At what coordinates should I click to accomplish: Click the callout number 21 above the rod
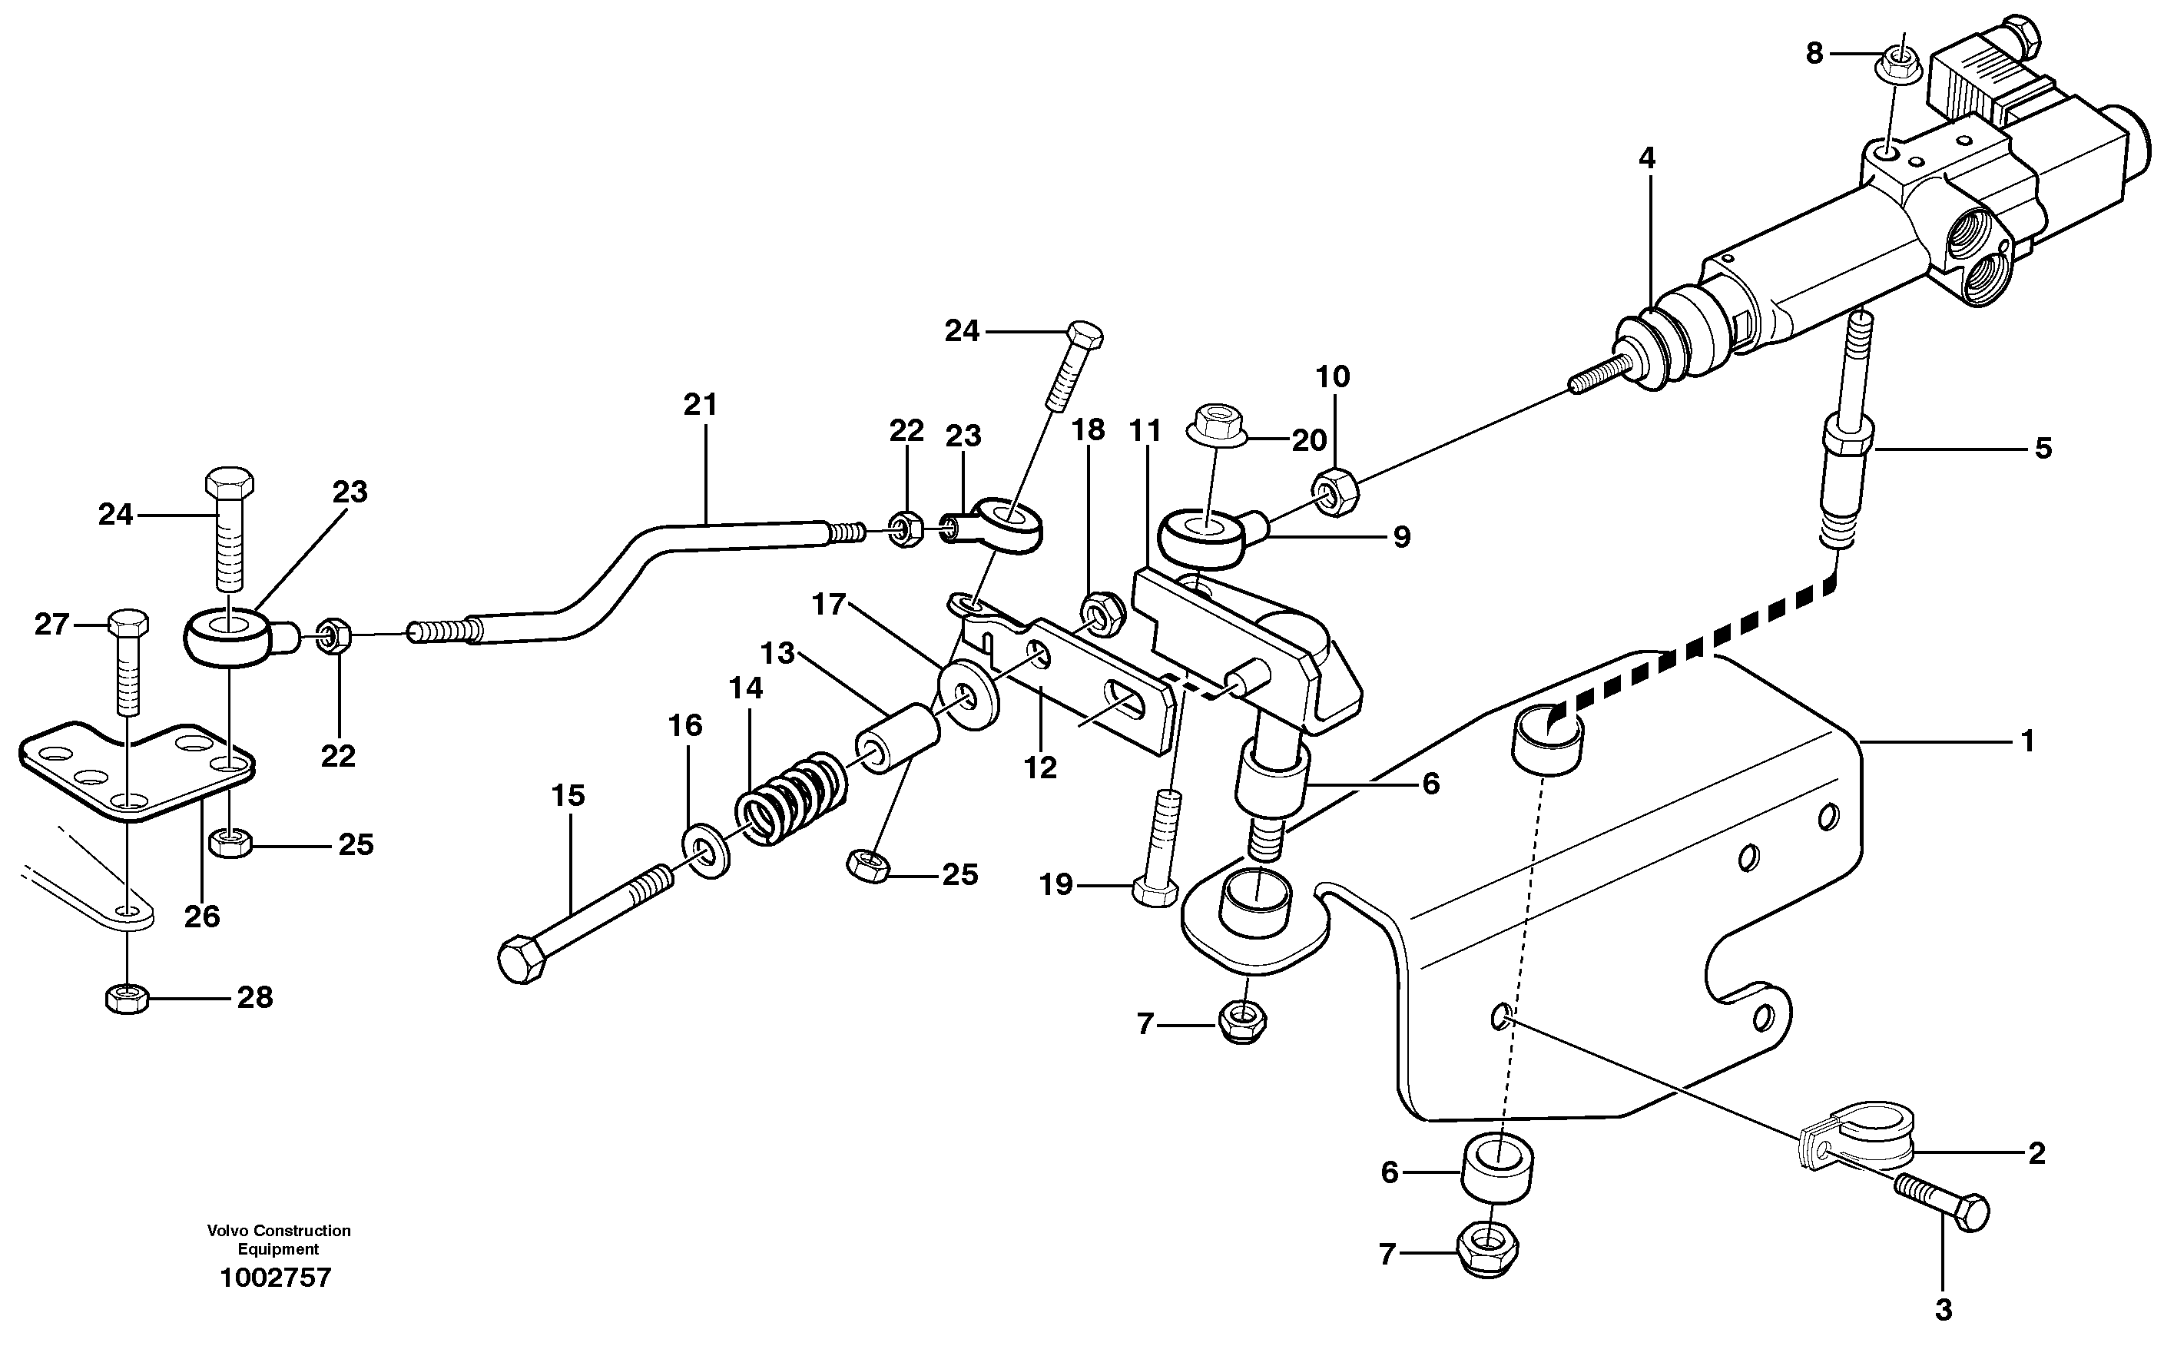point(700,405)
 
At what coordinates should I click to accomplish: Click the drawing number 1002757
point(275,1278)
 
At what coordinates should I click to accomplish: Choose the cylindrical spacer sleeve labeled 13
point(896,738)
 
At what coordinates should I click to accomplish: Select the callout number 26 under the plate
point(201,916)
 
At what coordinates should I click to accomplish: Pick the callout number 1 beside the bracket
point(2027,741)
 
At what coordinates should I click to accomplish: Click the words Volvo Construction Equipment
point(279,1239)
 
